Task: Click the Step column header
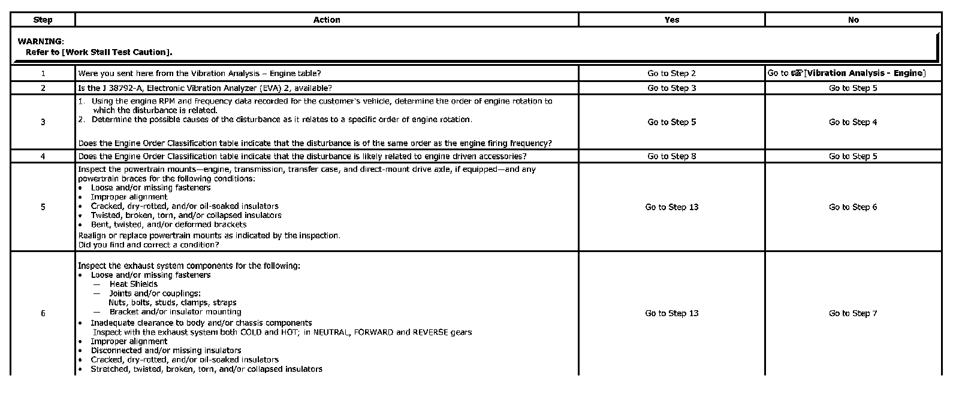[43, 20]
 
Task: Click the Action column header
[327, 20]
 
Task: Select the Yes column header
[672, 20]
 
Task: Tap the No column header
[854, 20]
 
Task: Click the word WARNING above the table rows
[40, 41]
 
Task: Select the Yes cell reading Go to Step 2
[672, 73]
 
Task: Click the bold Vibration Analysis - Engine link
[865, 73]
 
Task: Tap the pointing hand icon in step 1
[797, 73]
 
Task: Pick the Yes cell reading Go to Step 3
[672, 88]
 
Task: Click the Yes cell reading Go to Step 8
[672, 156]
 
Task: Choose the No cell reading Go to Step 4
[853, 122]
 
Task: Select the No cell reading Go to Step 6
[853, 207]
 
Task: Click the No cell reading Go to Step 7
[853, 313]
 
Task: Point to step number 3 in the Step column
[43, 122]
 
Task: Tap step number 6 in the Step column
[43, 313]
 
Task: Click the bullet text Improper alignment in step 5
[129, 197]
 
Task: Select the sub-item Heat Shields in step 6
[133, 284]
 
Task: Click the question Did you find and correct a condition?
[148, 245]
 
